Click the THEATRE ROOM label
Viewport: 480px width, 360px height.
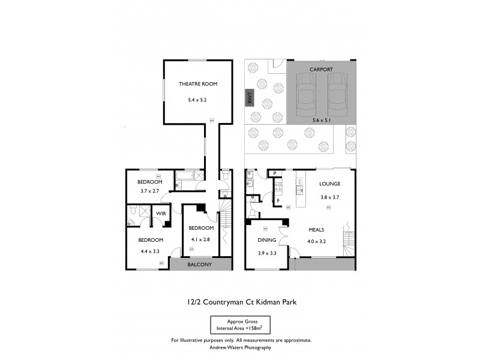point(193,84)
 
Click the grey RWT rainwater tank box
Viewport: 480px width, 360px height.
point(250,98)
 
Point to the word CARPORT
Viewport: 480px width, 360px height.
point(321,70)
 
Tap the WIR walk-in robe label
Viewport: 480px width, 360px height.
point(161,214)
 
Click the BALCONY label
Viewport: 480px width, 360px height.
point(200,265)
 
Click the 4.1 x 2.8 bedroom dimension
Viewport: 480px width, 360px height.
point(201,239)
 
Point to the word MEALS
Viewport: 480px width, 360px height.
point(317,230)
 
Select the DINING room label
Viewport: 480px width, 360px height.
point(267,240)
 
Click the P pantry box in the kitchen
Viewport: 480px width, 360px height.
point(274,174)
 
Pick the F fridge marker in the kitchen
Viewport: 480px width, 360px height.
point(278,200)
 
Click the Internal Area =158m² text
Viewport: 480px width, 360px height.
point(239,328)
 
